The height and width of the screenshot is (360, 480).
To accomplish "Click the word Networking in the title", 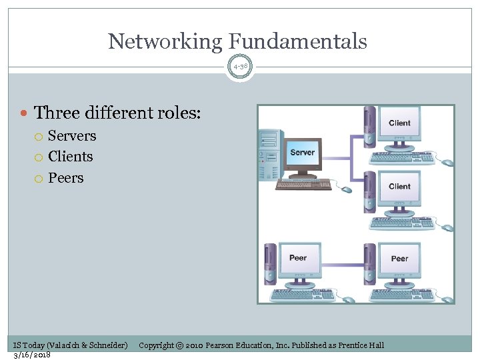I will [x=165, y=41].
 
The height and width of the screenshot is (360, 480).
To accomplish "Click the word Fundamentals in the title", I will [x=297, y=41].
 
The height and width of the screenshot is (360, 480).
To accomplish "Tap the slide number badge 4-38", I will [x=240, y=66].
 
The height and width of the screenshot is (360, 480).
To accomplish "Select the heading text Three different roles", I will [x=117, y=112].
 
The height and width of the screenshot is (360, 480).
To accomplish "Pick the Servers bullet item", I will [x=72, y=136].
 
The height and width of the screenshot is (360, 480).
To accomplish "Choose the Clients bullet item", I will [x=71, y=157].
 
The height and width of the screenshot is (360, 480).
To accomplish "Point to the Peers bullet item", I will [x=66, y=178].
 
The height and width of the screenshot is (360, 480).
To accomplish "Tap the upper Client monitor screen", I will [x=399, y=123].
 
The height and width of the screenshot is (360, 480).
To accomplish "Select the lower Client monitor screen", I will [x=399, y=187].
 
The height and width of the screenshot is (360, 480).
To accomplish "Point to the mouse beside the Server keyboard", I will [x=347, y=189].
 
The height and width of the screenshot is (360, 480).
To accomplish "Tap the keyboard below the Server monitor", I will [x=303, y=185].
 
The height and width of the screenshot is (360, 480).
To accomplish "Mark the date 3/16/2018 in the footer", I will [x=32, y=355].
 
